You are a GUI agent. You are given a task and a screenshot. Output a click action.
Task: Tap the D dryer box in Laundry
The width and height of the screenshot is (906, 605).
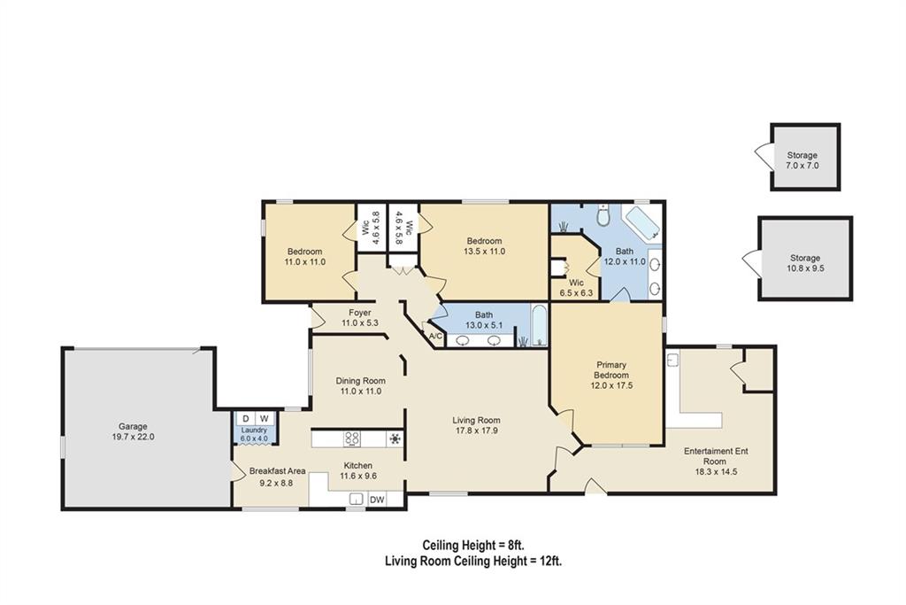(245, 419)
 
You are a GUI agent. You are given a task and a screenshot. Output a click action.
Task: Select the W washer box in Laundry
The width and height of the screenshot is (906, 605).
(264, 419)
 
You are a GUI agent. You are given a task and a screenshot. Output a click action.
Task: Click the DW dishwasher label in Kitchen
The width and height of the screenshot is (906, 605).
(377, 500)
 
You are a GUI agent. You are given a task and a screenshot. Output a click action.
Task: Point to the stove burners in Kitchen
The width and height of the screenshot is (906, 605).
(352, 438)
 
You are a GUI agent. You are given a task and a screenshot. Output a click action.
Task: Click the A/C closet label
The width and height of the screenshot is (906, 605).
(434, 336)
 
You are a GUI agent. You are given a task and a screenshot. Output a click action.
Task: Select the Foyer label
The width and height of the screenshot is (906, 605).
(359, 313)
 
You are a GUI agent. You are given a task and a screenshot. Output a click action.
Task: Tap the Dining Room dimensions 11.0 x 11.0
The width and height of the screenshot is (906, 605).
(358, 392)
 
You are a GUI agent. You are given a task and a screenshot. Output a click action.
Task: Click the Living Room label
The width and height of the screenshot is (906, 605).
(477, 421)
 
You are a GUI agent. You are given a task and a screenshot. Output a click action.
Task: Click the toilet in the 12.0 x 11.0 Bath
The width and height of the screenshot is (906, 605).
(602, 216)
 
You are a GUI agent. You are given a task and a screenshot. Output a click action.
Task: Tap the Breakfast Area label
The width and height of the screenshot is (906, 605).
(277, 471)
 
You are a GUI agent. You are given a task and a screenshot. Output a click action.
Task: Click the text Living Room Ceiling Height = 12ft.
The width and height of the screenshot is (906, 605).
(473, 561)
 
